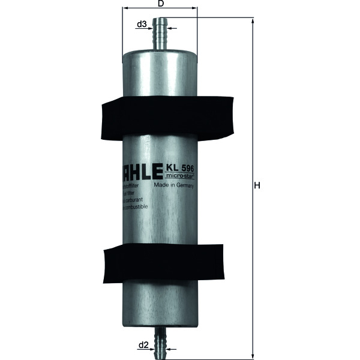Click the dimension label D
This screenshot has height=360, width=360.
pyautogui.click(x=160, y=4)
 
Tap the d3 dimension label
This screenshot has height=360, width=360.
pyautogui.click(x=142, y=25)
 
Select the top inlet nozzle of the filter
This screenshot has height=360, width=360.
pyautogui.click(x=160, y=33)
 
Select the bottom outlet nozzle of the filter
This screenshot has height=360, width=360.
pyautogui.click(x=160, y=339)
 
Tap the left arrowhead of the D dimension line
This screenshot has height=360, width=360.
pyautogui.click(x=125, y=9)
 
